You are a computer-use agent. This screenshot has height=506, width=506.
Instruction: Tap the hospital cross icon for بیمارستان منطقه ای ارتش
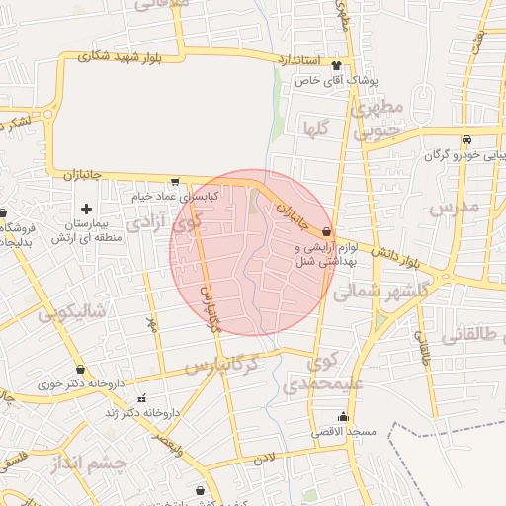point(87,209)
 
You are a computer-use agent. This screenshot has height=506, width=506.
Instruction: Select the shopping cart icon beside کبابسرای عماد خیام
point(175,182)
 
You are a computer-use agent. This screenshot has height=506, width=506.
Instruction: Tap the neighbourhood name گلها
point(316,126)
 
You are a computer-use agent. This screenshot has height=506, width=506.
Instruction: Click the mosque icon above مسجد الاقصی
point(343,416)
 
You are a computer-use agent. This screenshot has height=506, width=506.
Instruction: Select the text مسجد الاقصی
point(339,433)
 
